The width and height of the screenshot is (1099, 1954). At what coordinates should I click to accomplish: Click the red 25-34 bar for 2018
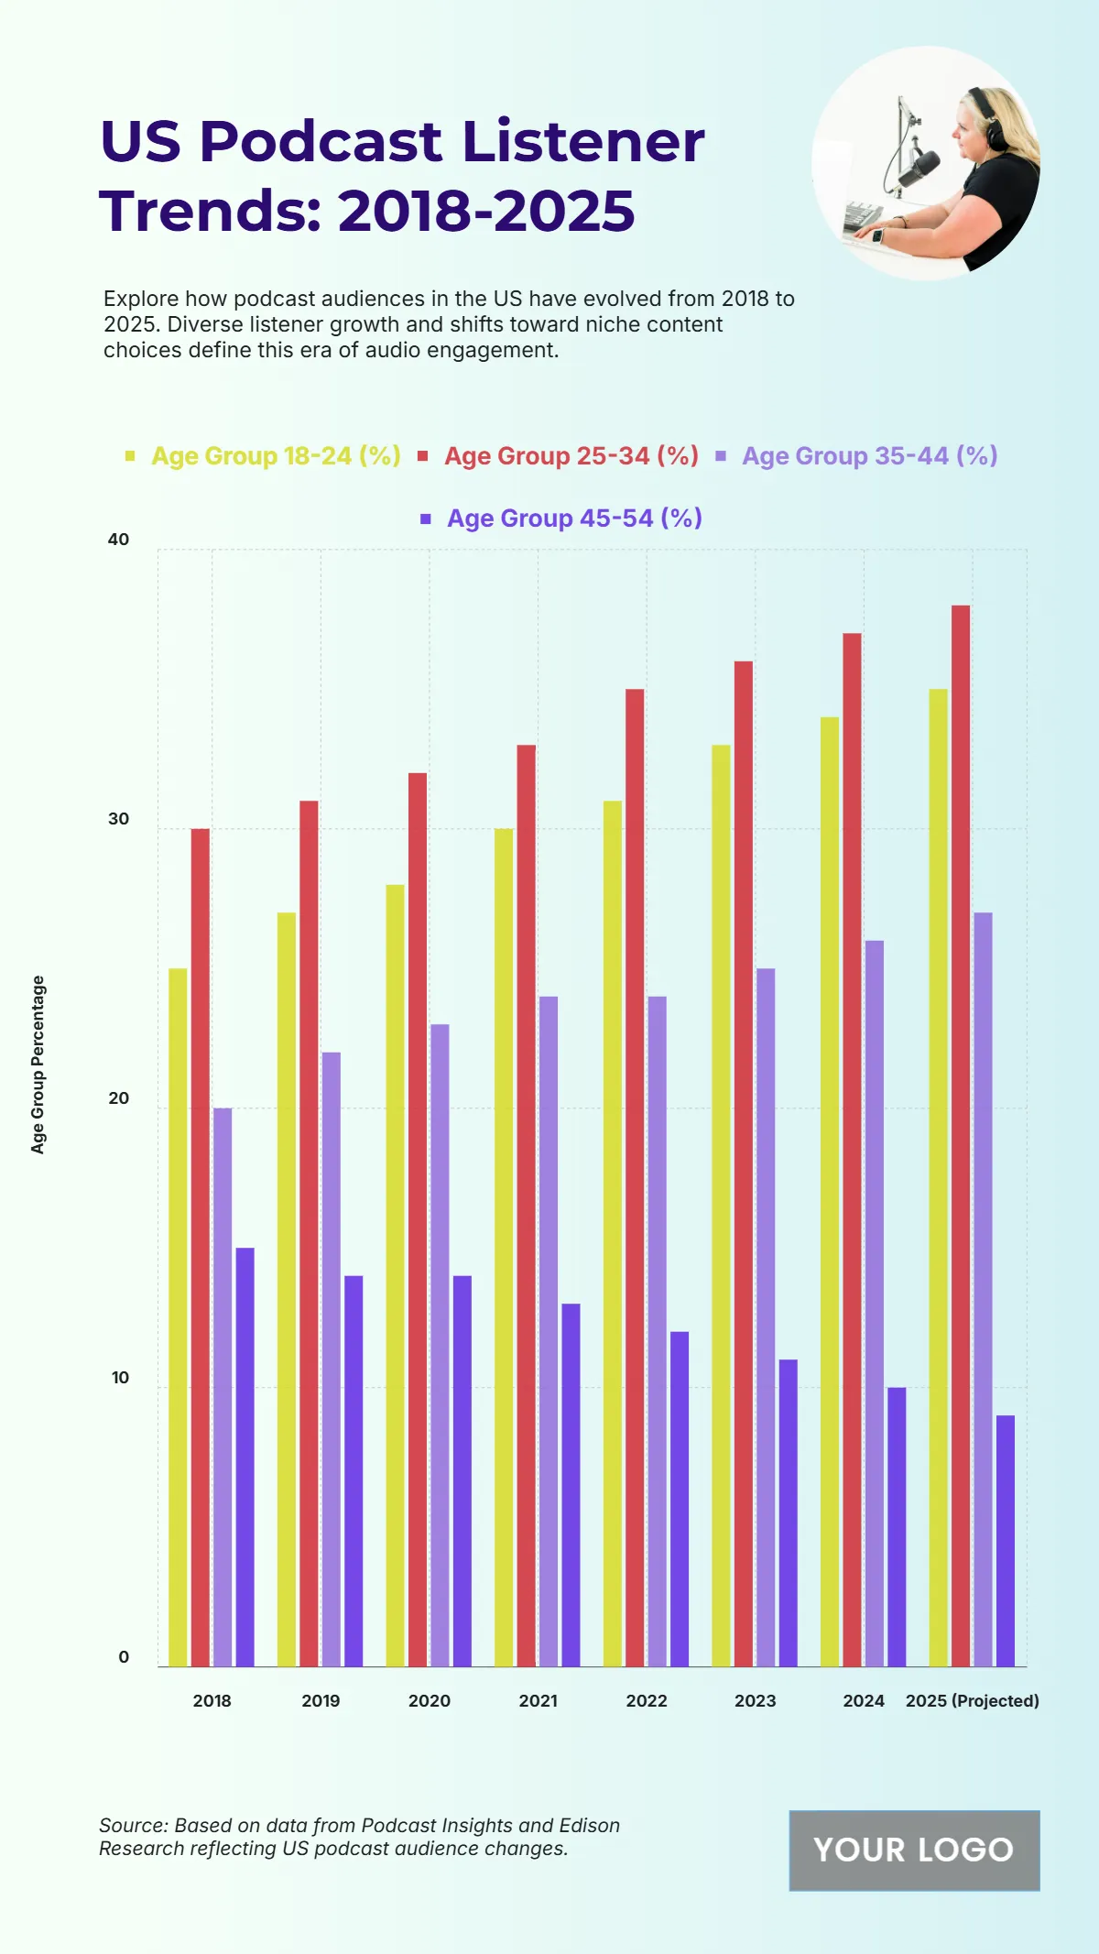[x=200, y=1247]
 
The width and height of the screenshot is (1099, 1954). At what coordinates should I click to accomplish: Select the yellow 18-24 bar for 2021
[x=504, y=1247]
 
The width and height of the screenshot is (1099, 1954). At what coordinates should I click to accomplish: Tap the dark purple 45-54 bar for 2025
[x=1006, y=1540]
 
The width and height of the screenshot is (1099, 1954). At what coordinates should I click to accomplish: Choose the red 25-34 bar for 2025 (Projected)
[x=961, y=1135]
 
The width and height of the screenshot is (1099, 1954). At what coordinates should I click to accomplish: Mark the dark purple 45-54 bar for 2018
[x=245, y=1457]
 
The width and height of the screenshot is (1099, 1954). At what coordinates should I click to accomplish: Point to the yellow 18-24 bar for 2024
[x=830, y=1191]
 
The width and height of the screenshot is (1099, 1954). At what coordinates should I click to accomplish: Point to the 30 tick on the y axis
[x=119, y=819]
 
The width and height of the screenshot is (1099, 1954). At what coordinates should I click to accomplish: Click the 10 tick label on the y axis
[x=120, y=1378]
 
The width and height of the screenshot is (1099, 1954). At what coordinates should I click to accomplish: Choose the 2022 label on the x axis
[x=647, y=1701]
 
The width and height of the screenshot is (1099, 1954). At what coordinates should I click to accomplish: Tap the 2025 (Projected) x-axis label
[x=972, y=1701]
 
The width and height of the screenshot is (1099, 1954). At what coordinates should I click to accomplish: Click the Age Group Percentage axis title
[x=38, y=1064]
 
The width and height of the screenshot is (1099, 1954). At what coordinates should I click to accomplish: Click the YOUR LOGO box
[x=914, y=1850]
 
